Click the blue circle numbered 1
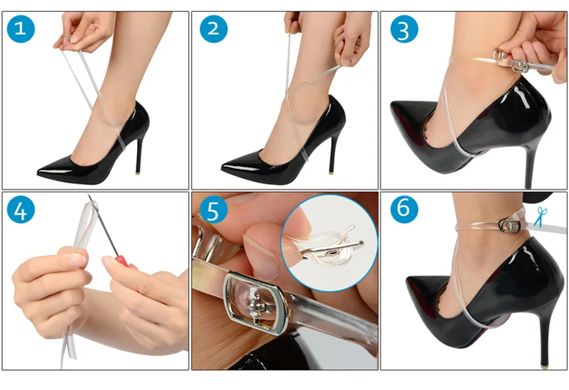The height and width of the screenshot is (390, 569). [x=20, y=29]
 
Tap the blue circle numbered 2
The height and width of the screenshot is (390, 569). [x=214, y=29]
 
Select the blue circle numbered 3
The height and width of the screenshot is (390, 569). [x=404, y=29]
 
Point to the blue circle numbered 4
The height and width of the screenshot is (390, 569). [x=20, y=210]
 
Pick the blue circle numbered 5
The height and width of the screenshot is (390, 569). [x=214, y=210]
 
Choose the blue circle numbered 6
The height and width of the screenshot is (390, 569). [x=404, y=210]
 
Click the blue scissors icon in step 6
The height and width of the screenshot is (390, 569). [x=541, y=217]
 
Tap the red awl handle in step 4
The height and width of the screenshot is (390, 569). [x=122, y=261]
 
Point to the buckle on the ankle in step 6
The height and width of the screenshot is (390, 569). [x=510, y=226]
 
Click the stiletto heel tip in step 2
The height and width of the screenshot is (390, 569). [x=331, y=172]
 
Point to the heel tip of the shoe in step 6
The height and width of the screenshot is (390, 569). [x=543, y=365]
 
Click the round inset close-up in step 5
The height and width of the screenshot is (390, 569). [x=329, y=243]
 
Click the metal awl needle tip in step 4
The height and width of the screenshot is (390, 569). [x=89, y=195]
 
